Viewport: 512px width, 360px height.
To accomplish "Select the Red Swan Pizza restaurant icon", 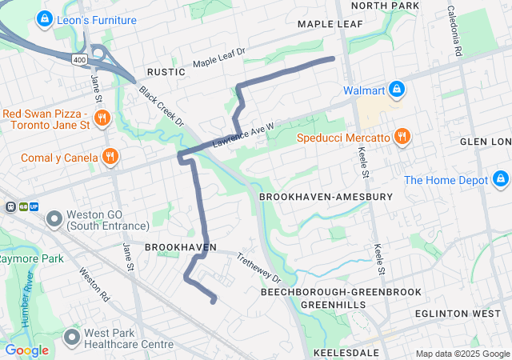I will (x=102, y=119).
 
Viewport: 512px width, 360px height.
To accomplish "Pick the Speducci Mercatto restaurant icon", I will (x=402, y=138).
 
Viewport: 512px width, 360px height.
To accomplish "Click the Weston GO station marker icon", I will (x=54, y=218).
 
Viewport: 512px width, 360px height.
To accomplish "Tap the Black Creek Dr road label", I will (x=161, y=106).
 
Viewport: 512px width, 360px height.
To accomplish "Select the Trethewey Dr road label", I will (x=259, y=267).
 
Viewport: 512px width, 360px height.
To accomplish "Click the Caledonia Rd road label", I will (x=455, y=31).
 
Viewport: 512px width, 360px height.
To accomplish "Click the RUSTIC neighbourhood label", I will (x=165, y=72).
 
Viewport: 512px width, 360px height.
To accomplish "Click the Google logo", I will (x=27, y=350).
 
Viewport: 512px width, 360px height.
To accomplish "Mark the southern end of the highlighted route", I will (x=214, y=302).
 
